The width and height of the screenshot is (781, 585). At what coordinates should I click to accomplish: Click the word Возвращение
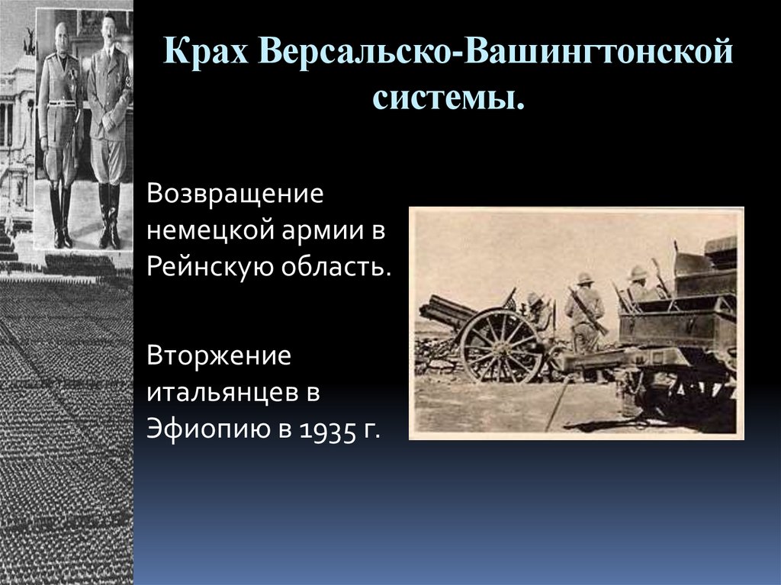point(236,194)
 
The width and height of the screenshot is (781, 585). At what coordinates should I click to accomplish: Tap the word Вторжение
point(220,356)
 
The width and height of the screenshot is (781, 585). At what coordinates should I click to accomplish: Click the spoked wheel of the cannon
point(500,345)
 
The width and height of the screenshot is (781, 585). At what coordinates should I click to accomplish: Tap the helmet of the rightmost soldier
point(637,272)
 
